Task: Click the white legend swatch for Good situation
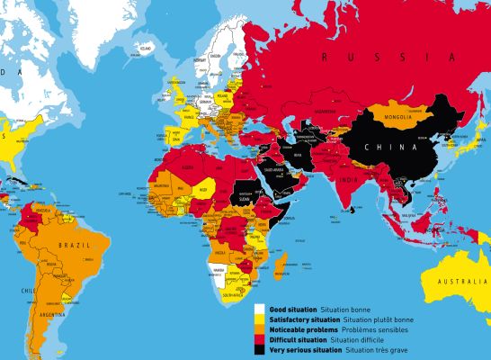pyautogui.click(x=259, y=310)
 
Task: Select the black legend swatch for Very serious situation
pyautogui.click(x=259, y=350)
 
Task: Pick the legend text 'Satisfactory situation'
pyautogui.click(x=304, y=319)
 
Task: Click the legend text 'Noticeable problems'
pyautogui.click(x=302, y=329)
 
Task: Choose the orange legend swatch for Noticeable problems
pyautogui.click(x=259, y=329)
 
